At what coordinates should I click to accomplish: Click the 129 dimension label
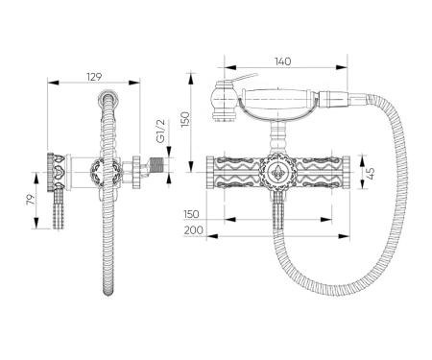pyautogui.click(x=94, y=77)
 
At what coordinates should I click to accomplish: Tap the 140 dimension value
pyautogui.click(x=283, y=61)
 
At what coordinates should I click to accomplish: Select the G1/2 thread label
pyautogui.click(x=160, y=131)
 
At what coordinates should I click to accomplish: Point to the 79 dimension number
pyautogui.click(x=30, y=200)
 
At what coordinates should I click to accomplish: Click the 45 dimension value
pyautogui.click(x=370, y=173)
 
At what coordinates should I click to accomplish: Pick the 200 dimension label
pyautogui.click(x=193, y=230)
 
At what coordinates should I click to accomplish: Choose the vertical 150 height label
pyautogui.click(x=185, y=119)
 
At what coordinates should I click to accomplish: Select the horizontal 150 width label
pyautogui.click(x=191, y=214)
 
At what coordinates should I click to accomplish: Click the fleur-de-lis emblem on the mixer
pyautogui.click(x=277, y=173)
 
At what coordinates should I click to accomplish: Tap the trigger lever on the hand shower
pyautogui.click(x=245, y=77)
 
